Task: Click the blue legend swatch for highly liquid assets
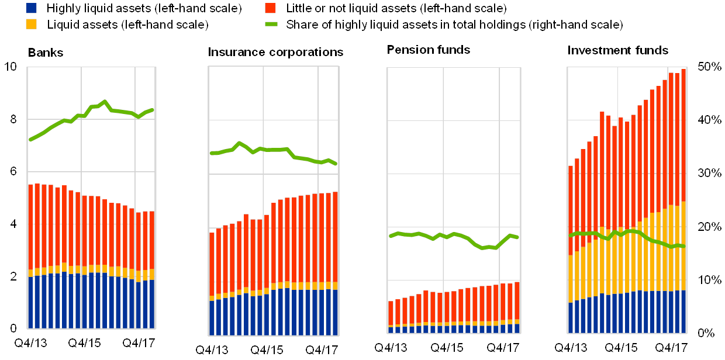pyautogui.click(x=32, y=8)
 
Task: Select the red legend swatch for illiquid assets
pyautogui.click(x=270, y=8)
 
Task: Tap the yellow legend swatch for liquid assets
pyautogui.click(x=32, y=24)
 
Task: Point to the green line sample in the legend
pyautogui.click(x=270, y=25)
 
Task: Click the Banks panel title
pyautogui.click(x=46, y=53)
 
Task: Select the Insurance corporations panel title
pyautogui.click(x=277, y=53)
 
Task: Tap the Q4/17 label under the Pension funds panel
pyautogui.click(x=504, y=348)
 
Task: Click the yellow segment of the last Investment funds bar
pyautogui.click(x=683, y=245)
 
